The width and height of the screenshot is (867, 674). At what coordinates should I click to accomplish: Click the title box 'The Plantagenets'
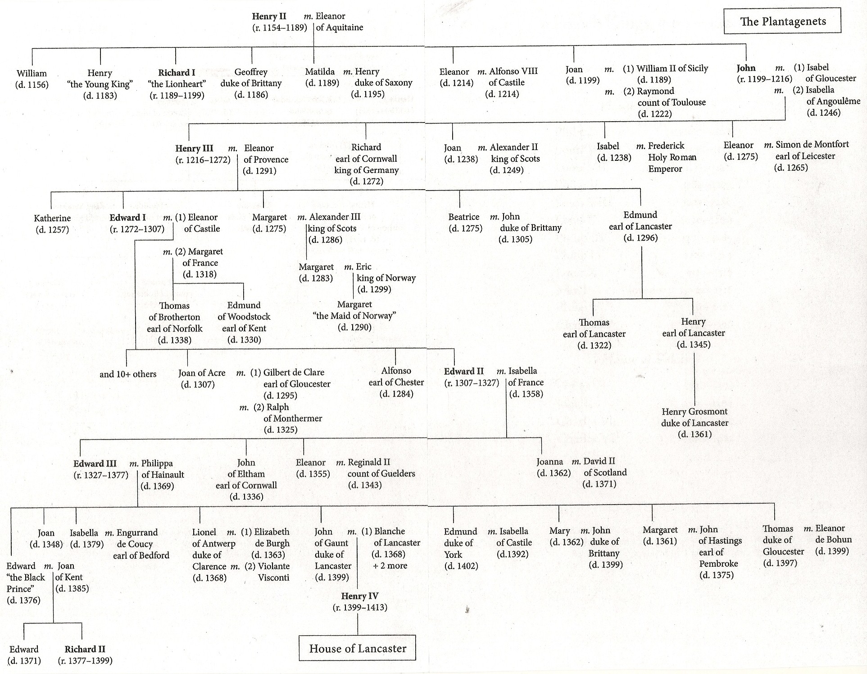click(782, 21)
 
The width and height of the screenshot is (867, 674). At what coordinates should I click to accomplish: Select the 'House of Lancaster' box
click(357, 648)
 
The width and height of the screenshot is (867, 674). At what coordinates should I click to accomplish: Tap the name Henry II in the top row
click(269, 17)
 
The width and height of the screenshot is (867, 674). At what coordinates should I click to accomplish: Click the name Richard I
click(177, 73)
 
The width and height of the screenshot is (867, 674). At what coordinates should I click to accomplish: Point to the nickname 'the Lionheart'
click(177, 84)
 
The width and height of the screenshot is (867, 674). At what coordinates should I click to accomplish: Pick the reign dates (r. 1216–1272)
click(203, 159)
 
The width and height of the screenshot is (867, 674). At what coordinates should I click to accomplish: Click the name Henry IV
click(359, 596)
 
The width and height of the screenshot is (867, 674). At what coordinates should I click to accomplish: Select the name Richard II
click(85, 649)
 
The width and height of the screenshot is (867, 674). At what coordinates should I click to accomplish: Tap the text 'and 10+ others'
click(128, 374)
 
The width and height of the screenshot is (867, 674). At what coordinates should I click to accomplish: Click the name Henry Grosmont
click(695, 411)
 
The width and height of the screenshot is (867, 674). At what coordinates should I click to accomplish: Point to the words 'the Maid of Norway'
click(354, 316)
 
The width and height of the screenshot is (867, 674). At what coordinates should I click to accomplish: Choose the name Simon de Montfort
click(812, 145)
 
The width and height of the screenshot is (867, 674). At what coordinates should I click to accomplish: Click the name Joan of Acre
click(202, 373)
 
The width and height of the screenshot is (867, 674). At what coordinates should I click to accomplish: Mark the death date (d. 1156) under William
click(32, 85)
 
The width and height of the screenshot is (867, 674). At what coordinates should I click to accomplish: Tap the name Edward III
click(95, 464)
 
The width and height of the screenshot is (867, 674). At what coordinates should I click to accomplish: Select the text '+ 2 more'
click(390, 566)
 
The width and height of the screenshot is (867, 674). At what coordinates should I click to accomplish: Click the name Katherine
click(52, 218)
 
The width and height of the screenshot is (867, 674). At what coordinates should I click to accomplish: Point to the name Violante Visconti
click(268, 572)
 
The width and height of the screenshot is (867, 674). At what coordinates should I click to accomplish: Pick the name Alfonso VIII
click(513, 71)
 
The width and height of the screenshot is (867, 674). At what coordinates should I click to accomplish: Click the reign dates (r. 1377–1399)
click(85, 661)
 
